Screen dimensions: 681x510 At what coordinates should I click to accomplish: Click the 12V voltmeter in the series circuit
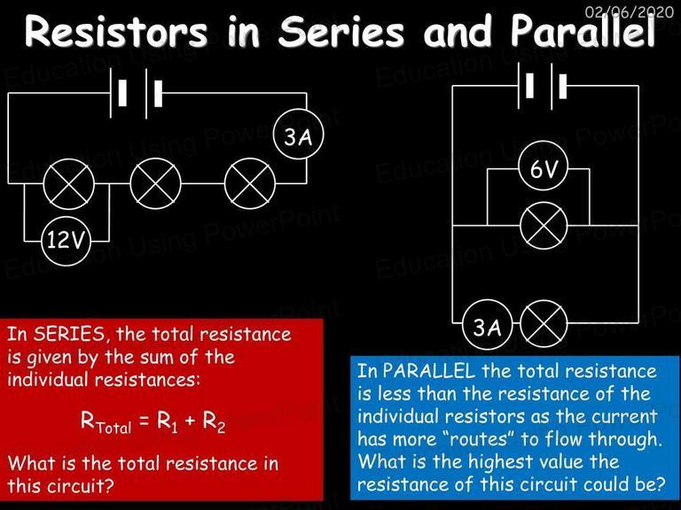point(66,241)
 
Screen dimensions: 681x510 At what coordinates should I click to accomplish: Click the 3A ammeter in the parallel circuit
point(488,324)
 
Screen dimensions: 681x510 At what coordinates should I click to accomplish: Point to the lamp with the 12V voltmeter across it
point(68,184)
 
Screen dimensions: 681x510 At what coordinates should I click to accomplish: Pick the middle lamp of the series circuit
point(155,184)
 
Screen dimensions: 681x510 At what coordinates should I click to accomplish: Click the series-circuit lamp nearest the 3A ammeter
point(250,184)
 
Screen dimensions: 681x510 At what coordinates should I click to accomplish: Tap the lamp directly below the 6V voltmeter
point(544,226)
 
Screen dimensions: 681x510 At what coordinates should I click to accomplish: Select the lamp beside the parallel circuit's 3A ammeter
point(544,324)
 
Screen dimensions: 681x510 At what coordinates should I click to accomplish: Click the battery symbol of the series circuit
point(137,93)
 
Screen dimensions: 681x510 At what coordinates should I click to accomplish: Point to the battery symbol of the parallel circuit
point(543,86)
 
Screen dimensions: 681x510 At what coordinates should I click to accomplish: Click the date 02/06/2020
point(630,12)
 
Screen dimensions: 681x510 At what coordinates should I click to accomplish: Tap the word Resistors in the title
point(116,31)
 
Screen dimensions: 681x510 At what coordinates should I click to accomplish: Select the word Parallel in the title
point(583,30)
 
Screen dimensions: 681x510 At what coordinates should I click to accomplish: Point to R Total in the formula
point(106,421)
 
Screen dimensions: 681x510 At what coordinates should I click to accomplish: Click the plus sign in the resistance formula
point(190,421)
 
